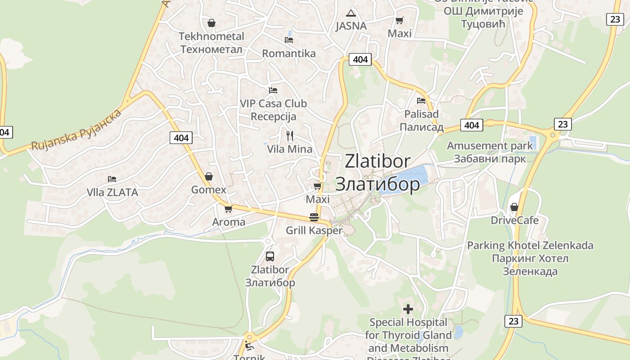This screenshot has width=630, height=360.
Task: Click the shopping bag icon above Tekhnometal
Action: (211, 23)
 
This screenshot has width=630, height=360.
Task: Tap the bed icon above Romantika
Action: (289, 40)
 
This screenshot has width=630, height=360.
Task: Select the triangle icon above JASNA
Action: (351, 13)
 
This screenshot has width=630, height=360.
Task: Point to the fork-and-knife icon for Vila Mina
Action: (290, 135)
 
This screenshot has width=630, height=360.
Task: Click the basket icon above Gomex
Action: (208, 176)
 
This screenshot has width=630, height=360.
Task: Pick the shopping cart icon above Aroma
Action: (228, 209)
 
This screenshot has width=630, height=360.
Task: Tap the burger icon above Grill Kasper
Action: (314, 217)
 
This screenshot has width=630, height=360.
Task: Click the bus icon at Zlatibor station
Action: (270, 256)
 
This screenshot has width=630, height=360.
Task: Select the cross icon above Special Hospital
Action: (408, 309)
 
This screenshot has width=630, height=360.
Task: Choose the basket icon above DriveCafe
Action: (514, 207)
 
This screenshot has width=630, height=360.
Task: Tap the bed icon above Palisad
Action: (421, 101)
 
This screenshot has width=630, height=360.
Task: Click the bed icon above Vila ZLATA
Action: (112, 179)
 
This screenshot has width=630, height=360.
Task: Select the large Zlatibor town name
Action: (378, 172)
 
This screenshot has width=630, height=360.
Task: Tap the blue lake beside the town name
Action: (407, 179)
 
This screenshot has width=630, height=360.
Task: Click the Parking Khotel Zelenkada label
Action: (530, 258)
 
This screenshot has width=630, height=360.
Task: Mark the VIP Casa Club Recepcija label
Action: (273, 110)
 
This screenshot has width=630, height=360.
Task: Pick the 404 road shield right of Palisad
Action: (472, 125)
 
